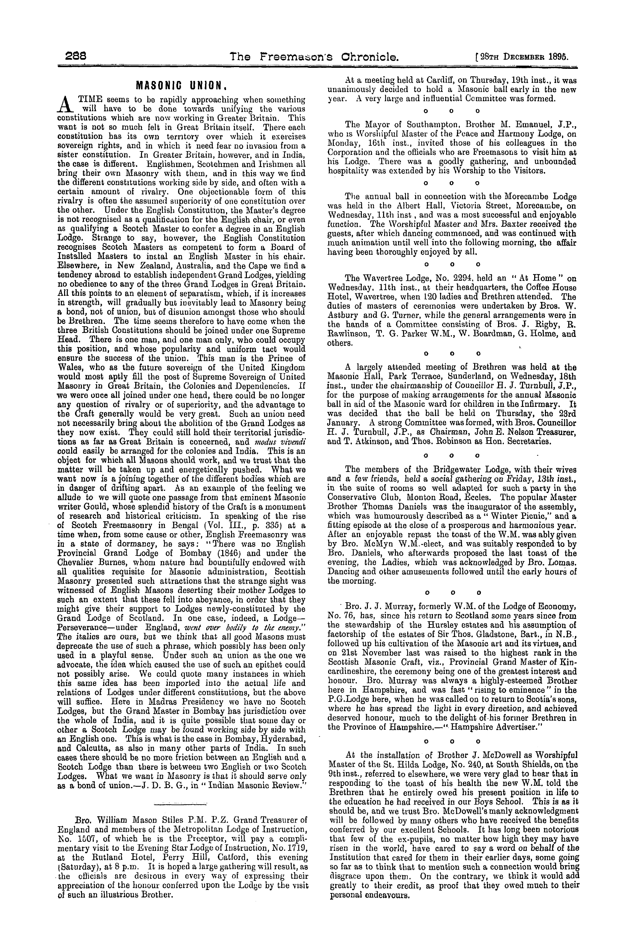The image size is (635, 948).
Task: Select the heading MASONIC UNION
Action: (181, 86)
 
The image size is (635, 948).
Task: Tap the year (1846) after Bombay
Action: (220, 553)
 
